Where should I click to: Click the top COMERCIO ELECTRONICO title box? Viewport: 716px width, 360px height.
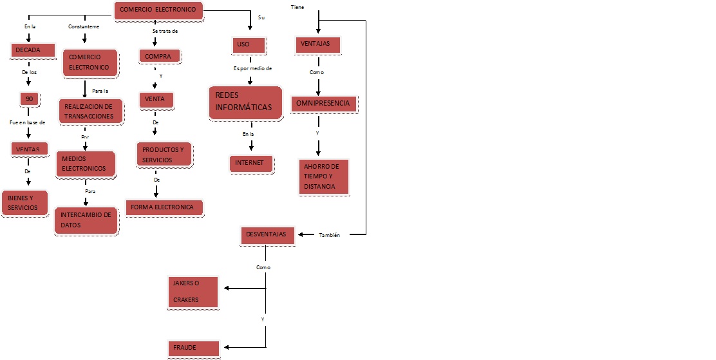159,10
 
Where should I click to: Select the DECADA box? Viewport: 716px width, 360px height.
30,50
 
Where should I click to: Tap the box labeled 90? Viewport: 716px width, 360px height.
29,99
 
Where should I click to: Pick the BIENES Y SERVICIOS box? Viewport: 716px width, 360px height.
25,203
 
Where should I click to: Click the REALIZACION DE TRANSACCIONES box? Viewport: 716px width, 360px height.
89,111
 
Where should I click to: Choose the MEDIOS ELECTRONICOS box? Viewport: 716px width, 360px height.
86,164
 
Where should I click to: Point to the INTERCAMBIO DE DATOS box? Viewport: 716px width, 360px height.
86,220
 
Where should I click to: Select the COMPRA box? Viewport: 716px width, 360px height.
159,56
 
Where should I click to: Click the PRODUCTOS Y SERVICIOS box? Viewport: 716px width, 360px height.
164,155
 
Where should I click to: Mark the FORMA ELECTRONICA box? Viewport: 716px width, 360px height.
164,207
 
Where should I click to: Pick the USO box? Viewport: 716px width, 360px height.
248,44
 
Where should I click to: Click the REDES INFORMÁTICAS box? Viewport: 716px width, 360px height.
246,102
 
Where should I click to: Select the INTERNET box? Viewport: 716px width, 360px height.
250,163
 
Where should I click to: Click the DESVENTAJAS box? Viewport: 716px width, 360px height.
268,235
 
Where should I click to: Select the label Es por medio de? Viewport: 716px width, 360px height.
252,68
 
